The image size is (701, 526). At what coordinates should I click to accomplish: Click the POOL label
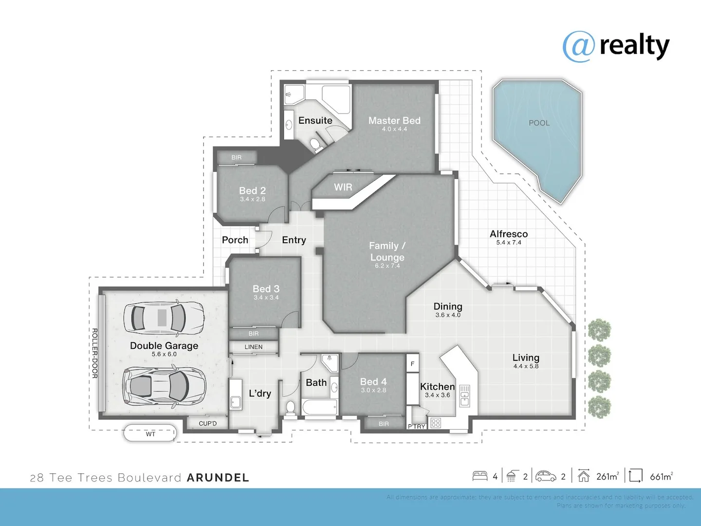pos(539,123)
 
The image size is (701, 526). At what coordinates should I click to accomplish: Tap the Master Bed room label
pos(394,121)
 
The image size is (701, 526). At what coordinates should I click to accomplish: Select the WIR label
pos(343,187)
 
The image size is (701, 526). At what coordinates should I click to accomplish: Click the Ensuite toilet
pos(315,144)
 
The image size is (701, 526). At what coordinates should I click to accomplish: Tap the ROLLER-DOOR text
pos(95,353)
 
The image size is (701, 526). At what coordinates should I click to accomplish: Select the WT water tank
pos(150,433)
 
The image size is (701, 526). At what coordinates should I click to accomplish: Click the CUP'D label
pos(207,423)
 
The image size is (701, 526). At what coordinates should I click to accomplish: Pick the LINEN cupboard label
pos(254,347)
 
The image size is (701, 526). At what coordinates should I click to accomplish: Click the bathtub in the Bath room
pos(319,407)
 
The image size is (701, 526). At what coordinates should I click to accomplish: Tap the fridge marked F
pos(412,363)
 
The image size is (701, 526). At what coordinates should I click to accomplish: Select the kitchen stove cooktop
pos(436,423)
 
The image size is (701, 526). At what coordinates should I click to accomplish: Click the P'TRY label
pos(417,426)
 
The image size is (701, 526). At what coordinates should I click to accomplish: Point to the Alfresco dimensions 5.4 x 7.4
pos(509,243)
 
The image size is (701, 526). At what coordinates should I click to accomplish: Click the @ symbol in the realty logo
pos(579,46)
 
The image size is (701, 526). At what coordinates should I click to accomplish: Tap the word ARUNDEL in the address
pos(218,478)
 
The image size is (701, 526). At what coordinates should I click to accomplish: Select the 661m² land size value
pos(661,476)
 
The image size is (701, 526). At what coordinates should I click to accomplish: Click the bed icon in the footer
pos(480,476)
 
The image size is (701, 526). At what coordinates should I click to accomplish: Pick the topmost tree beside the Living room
pos(599,330)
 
